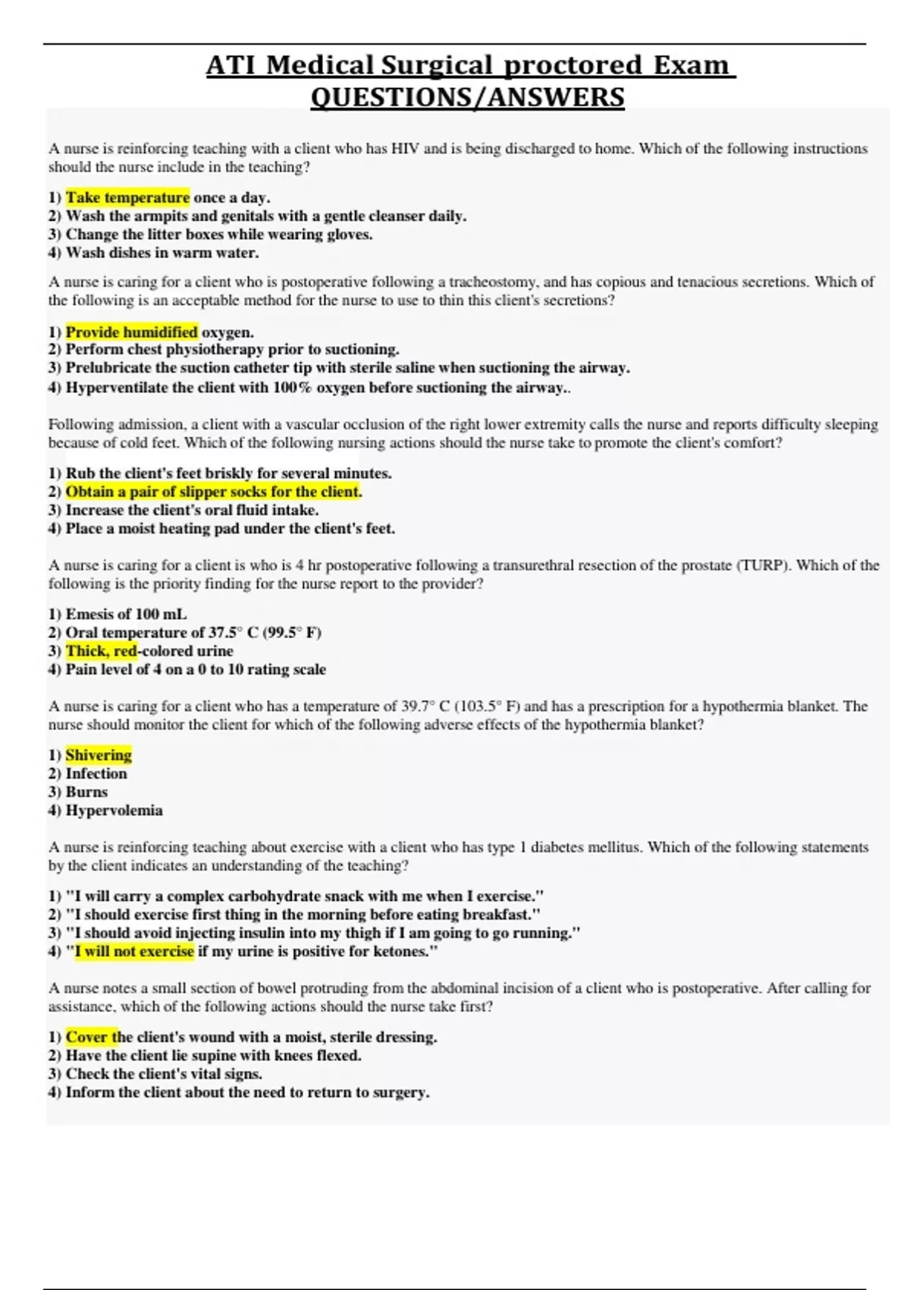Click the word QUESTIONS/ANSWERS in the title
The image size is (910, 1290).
pos(467,97)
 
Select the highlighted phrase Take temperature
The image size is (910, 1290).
pos(127,197)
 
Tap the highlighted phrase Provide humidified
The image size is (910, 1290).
pos(131,332)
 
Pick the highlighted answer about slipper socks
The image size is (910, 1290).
pos(212,492)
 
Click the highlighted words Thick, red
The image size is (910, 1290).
pos(101,651)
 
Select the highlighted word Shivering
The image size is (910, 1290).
pos(99,755)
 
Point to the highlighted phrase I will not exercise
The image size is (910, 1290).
pos(134,952)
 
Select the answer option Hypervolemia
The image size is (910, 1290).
pos(114,810)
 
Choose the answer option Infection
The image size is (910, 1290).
pos(96,774)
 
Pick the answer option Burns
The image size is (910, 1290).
pos(86,792)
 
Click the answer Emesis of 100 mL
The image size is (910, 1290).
pos(126,614)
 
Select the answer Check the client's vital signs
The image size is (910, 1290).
pos(164,1074)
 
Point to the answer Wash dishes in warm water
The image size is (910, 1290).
pos(162,253)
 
